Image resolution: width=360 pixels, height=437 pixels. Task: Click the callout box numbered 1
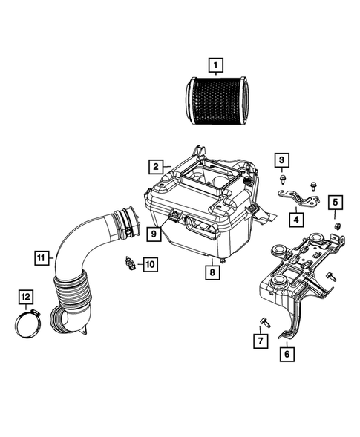[x=215, y=68]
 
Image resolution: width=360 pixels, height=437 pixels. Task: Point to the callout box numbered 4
[x=295, y=219]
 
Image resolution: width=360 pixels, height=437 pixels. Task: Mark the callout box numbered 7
[x=260, y=341]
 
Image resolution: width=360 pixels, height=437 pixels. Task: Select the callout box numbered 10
[x=150, y=263]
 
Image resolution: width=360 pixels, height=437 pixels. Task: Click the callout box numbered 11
[x=43, y=257]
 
